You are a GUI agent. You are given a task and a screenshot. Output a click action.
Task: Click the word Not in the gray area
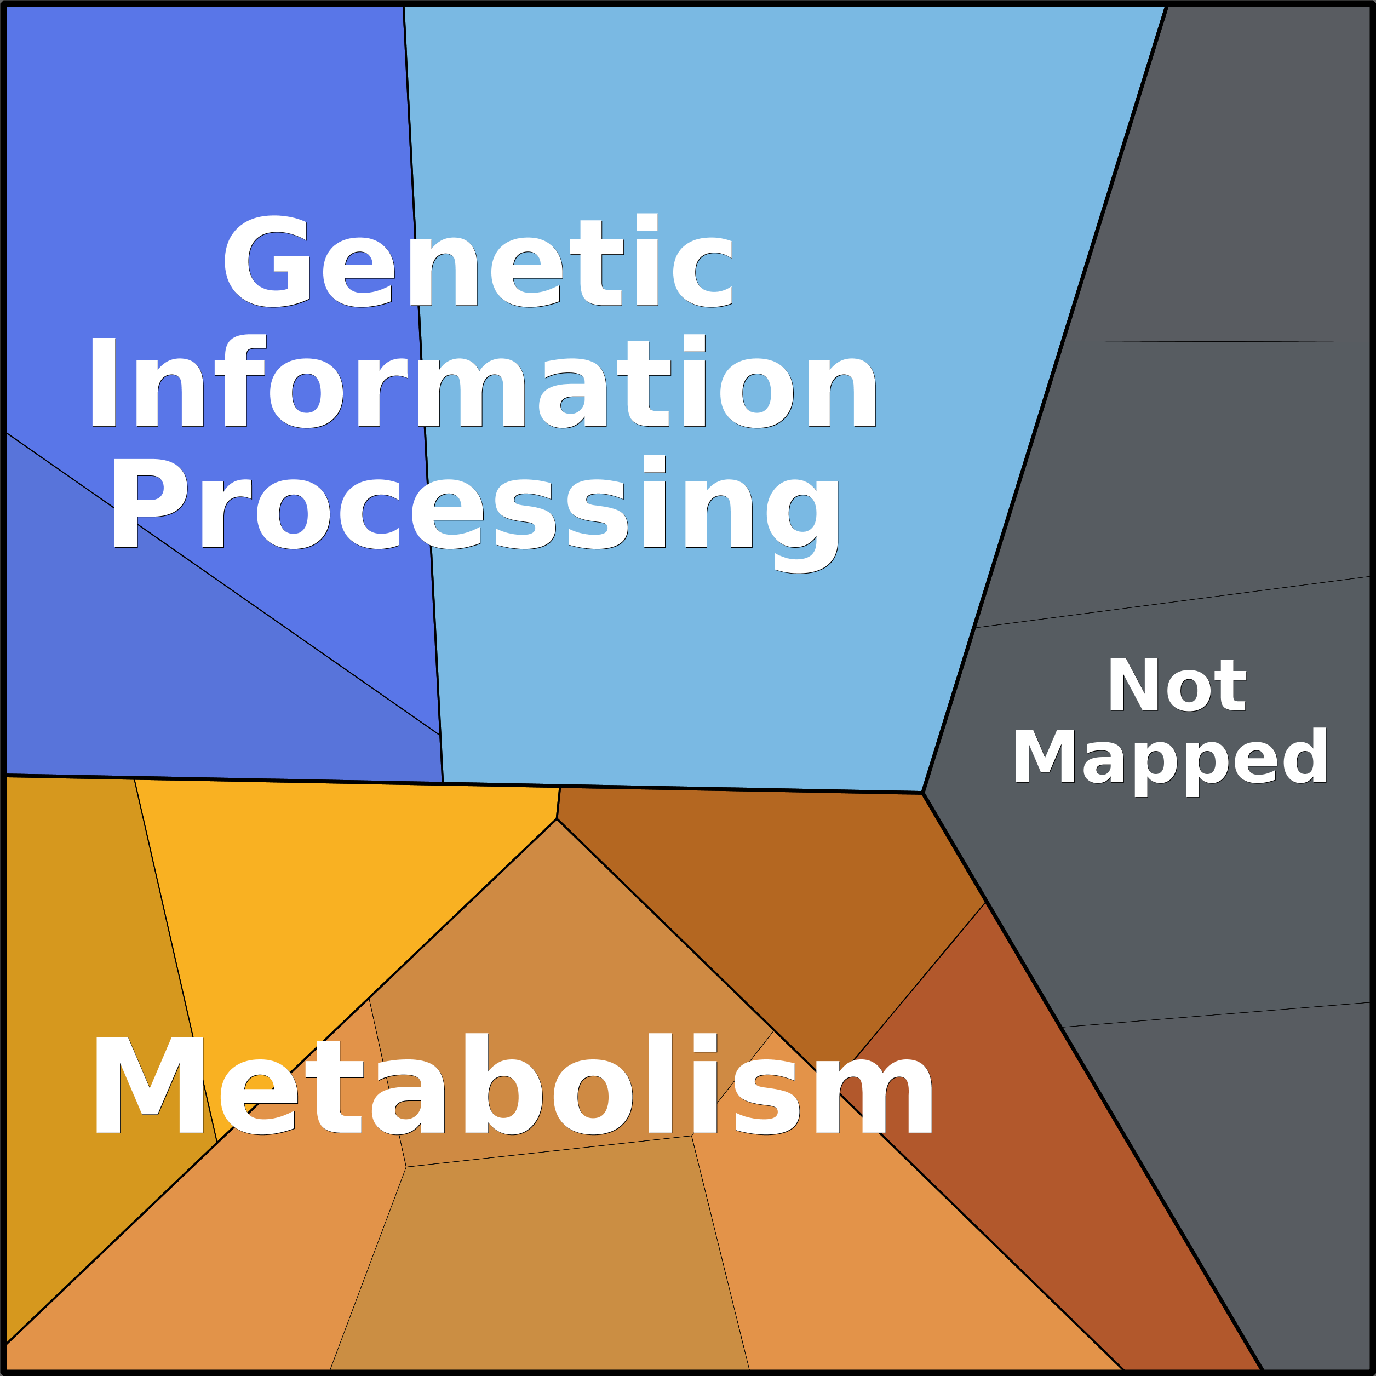[1176, 686]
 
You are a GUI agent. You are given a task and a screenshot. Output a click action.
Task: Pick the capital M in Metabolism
[148, 1085]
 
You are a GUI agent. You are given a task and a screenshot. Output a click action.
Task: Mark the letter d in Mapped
[1306, 756]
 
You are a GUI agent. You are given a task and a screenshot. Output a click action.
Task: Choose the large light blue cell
[712, 641]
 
